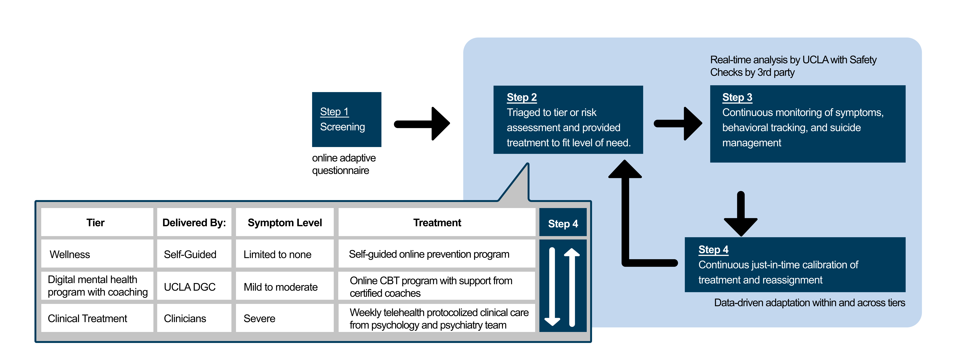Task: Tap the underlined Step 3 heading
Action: click(737, 97)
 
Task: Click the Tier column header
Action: click(95, 223)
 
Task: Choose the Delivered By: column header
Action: click(194, 223)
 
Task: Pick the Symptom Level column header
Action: click(284, 223)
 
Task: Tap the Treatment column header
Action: click(437, 223)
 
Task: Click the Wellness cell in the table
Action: click(70, 255)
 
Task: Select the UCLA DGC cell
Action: click(189, 287)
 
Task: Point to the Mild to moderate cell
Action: click(280, 287)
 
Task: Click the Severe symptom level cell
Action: click(259, 319)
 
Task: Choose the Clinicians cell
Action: click(185, 319)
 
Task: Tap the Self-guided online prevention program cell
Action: click(429, 255)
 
